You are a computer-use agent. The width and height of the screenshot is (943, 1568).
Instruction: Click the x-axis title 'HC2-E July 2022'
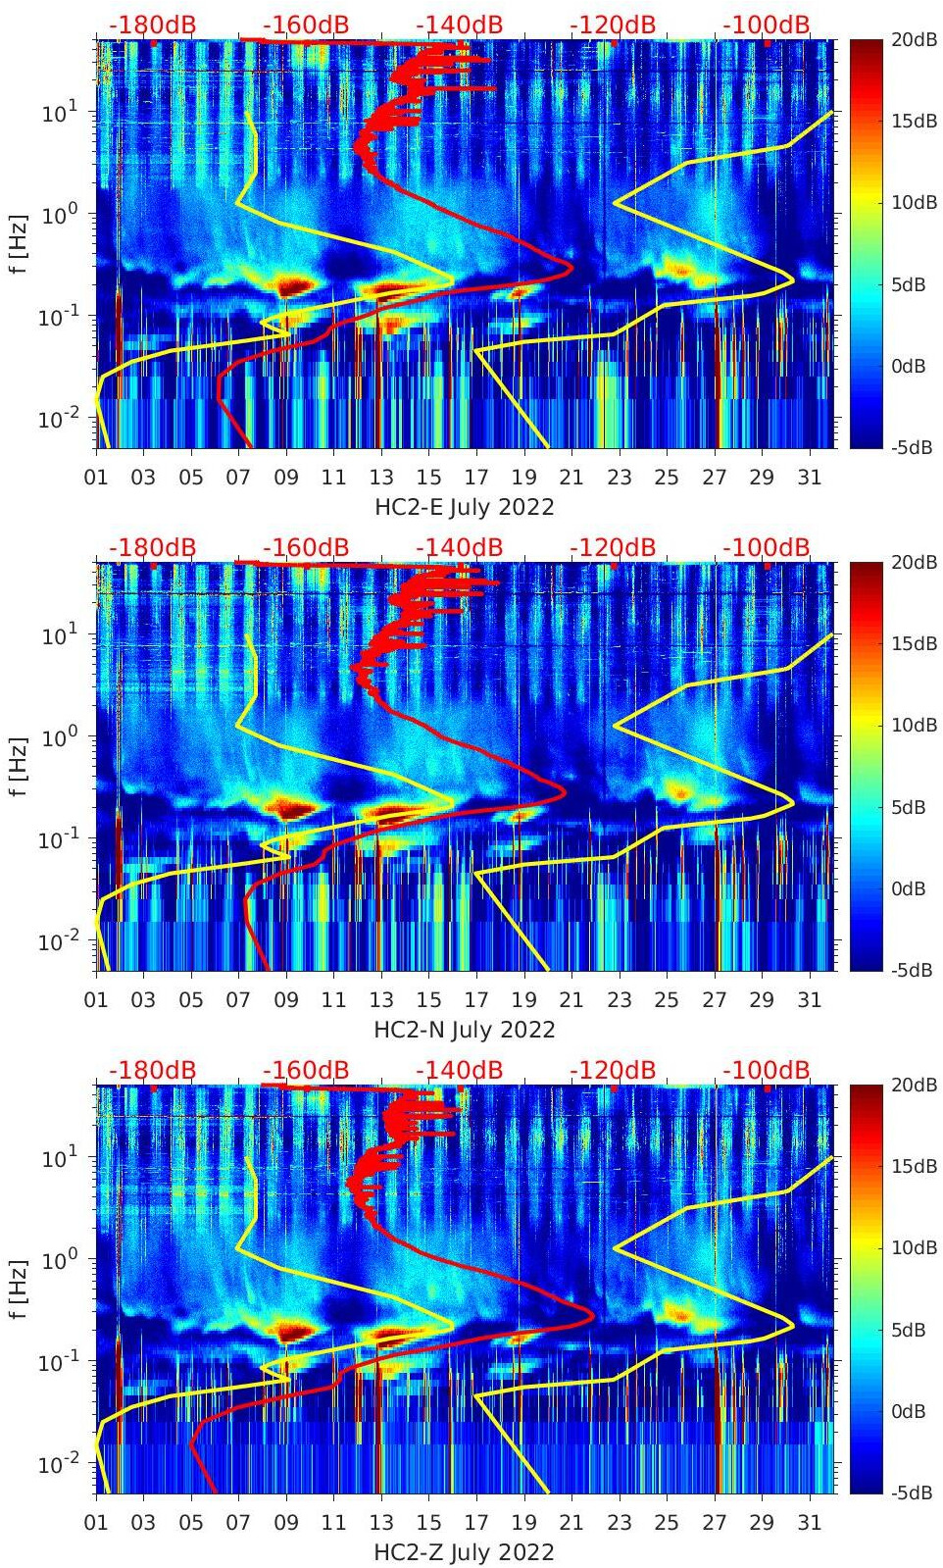(x=465, y=507)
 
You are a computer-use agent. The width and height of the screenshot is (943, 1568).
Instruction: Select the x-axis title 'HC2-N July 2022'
(x=465, y=1030)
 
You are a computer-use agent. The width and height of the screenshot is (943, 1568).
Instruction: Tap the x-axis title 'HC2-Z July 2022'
(x=465, y=1552)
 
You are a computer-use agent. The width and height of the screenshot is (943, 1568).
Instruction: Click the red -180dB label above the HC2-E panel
(x=152, y=25)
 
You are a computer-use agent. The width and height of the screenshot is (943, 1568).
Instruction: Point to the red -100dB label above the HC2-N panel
(x=767, y=547)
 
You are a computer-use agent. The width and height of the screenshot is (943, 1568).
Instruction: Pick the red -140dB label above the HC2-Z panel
(x=459, y=1070)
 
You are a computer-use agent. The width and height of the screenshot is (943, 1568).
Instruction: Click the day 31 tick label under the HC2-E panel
(x=809, y=478)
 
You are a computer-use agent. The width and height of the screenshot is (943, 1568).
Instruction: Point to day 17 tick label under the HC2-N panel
(x=476, y=1000)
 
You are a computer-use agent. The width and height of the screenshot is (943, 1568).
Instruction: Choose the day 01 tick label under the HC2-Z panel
(x=96, y=1523)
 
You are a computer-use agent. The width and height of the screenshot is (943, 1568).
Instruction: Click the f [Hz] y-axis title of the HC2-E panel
(x=19, y=243)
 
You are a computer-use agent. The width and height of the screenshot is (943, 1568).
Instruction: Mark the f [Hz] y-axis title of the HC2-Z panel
(x=19, y=1289)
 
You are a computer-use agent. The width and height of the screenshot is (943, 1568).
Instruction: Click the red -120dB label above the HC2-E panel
(x=613, y=25)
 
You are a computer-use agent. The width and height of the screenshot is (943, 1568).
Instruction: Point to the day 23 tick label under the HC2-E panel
(x=619, y=478)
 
